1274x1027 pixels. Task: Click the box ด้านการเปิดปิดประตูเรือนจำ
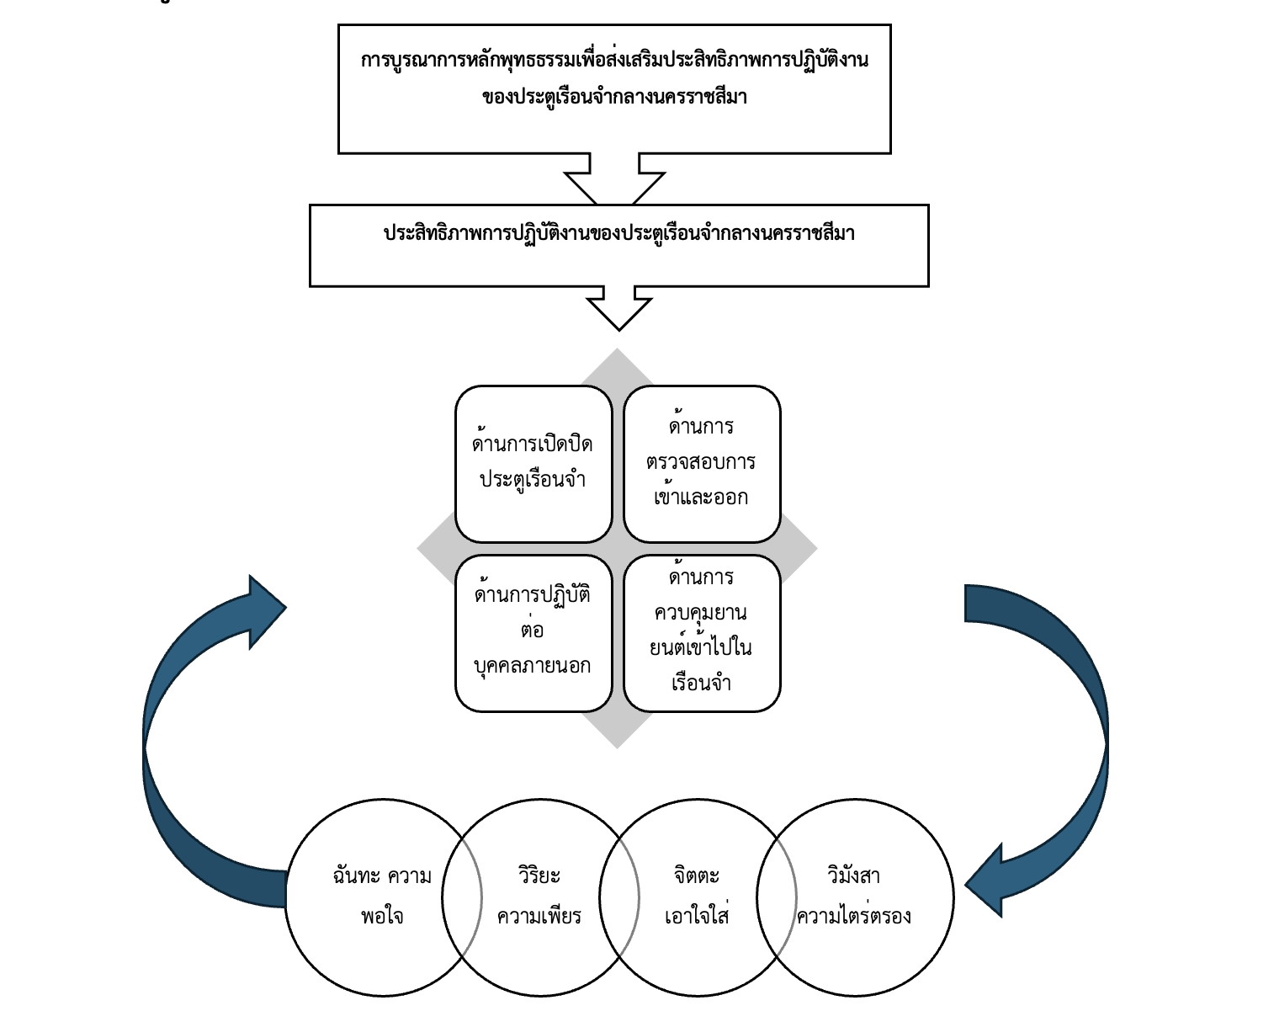[x=533, y=464]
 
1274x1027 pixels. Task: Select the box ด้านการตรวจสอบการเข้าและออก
[x=702, y=464]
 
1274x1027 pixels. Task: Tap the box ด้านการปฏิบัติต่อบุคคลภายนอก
[x=533, y=633]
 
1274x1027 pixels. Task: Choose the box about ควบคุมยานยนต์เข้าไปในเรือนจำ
[x=702, y=633]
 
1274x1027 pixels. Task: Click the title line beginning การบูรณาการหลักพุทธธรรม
[x=614, y=61]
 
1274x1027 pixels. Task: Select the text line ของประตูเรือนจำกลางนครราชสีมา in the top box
[x=614, y=97]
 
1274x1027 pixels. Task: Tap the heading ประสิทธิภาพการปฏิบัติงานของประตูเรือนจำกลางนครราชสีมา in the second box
[x=619, y=233]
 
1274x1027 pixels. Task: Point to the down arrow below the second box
[x=619, y=309]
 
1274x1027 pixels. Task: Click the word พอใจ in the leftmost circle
[x=382, y=917]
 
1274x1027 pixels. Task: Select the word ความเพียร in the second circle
[x=539, y=917]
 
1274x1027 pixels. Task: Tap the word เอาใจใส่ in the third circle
[x=697, y=915]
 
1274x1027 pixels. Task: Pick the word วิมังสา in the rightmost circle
[x=853, y=875]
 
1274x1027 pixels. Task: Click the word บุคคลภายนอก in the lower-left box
[x=532, y=667]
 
